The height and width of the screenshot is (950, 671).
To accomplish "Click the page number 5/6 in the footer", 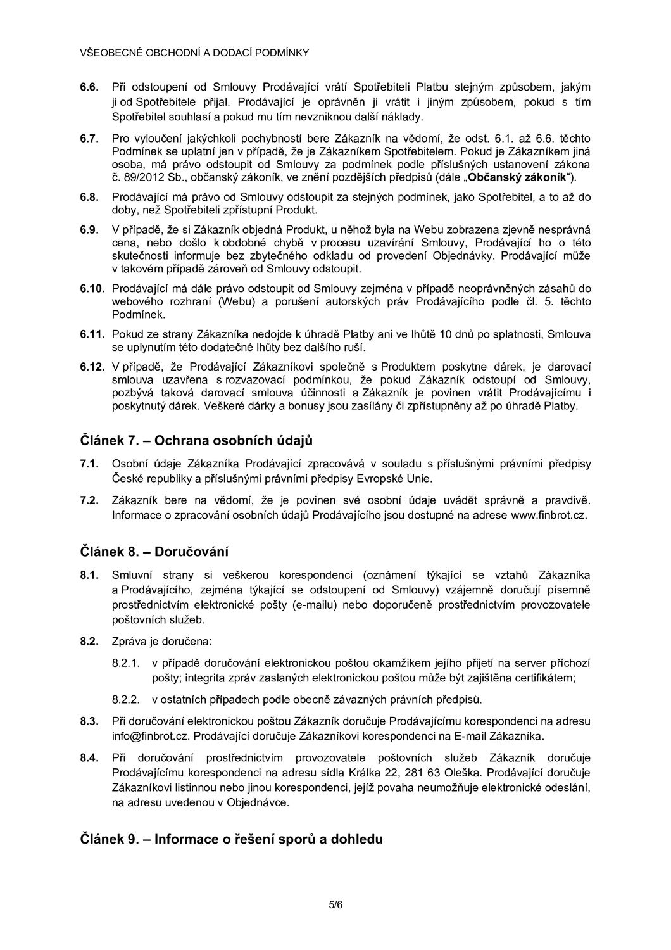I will [x=335, y=905].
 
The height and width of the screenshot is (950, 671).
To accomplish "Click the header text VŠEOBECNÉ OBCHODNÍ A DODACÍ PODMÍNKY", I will [x=194, y=53].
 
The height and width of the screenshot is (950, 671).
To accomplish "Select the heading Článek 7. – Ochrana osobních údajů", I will [x=196, y=440].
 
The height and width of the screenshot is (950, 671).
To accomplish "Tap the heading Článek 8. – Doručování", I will [x=154, y=551].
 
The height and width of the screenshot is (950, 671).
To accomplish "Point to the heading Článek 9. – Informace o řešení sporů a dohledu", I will [x=231, y=839].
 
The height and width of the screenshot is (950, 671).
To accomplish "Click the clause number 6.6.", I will [x=88, y=87].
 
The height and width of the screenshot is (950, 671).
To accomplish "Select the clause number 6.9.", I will [x=88, y=229].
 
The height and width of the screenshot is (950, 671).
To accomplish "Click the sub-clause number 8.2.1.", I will [x=125, y=663].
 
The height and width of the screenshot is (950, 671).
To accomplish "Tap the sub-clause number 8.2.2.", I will [x=125, y=700].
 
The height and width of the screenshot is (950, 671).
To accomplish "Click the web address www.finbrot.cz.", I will [x=549, y=515].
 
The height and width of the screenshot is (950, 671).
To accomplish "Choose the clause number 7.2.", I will [x=88, y=500].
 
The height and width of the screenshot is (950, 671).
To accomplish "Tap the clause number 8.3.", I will [x=88, y=721].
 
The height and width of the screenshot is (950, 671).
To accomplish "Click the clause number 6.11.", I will [x=91, y=333].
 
